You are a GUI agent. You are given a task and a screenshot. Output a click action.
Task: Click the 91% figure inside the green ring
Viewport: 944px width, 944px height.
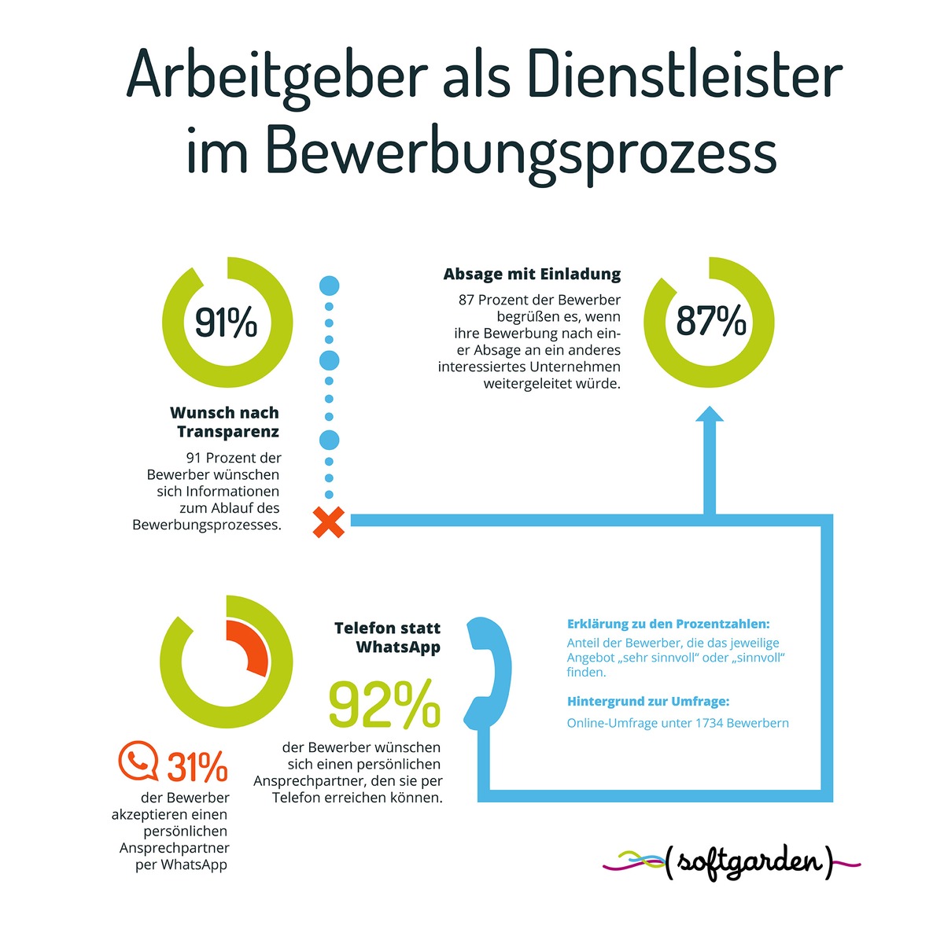click(227, 323)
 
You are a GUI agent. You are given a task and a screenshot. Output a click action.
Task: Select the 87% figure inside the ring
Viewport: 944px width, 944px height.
click(711, 321)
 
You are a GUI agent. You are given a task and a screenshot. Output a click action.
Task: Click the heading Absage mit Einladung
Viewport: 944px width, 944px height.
click(532, 275)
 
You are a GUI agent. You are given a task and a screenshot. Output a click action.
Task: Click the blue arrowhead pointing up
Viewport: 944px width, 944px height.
click(710, 417)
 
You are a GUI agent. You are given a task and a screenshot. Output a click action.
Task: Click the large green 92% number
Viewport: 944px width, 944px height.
click(385, 705)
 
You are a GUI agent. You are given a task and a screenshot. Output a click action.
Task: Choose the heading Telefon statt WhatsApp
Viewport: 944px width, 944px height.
click(388, 637)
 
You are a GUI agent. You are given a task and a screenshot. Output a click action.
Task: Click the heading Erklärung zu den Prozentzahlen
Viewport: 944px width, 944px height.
click(668, 624)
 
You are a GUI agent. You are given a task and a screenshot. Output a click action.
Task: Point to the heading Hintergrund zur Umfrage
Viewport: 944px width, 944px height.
click(648, 701)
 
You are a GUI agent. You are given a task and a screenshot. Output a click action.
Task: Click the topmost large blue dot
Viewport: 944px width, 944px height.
click(329, 286)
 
